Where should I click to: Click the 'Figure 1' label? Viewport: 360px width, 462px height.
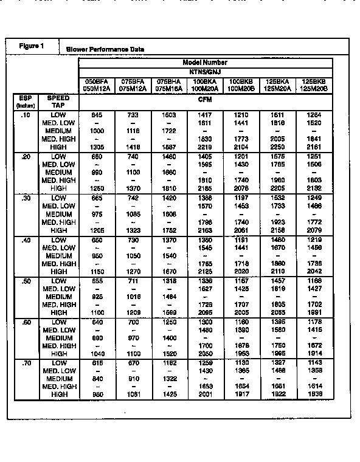(32, 46)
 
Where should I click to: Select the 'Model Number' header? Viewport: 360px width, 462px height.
(205, 63)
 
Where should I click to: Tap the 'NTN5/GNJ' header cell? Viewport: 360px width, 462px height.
(205, 71)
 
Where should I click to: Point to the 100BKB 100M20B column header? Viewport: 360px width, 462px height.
(242, 84)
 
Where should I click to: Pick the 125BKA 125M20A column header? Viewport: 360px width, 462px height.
(278, 84)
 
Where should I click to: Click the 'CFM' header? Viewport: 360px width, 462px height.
(205, 98)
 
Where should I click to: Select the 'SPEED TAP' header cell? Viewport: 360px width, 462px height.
(58, 101)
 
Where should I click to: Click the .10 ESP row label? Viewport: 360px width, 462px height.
(25, 114)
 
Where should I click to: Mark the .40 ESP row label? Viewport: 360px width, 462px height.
(25, 240)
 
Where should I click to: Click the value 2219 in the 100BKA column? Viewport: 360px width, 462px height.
(205, 147)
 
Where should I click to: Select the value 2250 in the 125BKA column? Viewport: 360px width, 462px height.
(278, 147)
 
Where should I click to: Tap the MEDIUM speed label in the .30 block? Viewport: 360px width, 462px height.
(59, 214)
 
